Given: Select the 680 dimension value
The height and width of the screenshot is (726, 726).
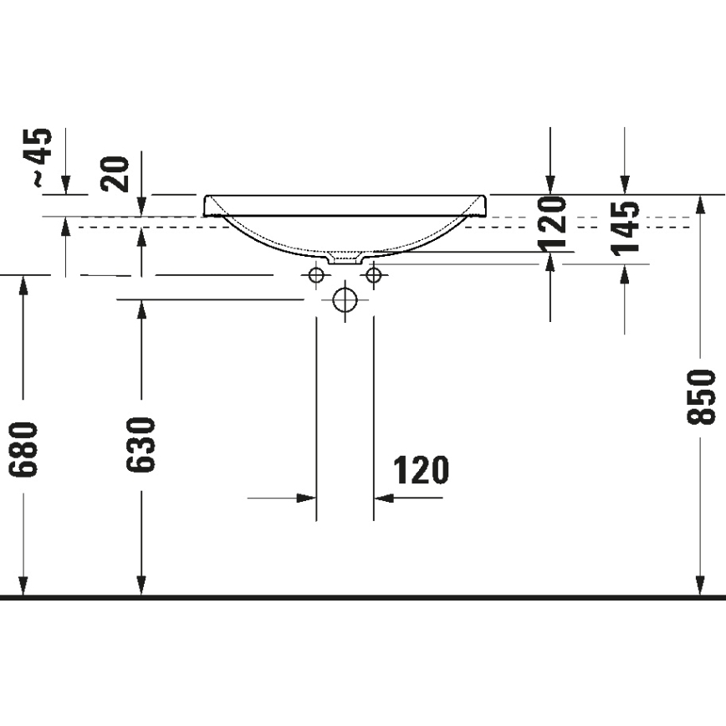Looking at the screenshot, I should (24, 449).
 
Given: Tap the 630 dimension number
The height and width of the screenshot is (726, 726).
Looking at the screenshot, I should (141, 444).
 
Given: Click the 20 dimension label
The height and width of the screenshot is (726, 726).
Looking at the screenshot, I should (118, 174).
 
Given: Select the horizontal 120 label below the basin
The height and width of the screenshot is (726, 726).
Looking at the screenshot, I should (420, 472).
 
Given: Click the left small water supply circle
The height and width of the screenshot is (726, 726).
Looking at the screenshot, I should (316, 274).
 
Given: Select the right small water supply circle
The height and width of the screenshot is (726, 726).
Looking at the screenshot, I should (373, 274).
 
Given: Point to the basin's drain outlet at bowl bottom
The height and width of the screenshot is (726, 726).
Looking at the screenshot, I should (345, 258).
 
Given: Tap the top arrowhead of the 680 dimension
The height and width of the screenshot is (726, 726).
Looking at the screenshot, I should (24, 284).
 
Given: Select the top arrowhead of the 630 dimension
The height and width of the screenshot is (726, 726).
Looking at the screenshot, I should (141, 309).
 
